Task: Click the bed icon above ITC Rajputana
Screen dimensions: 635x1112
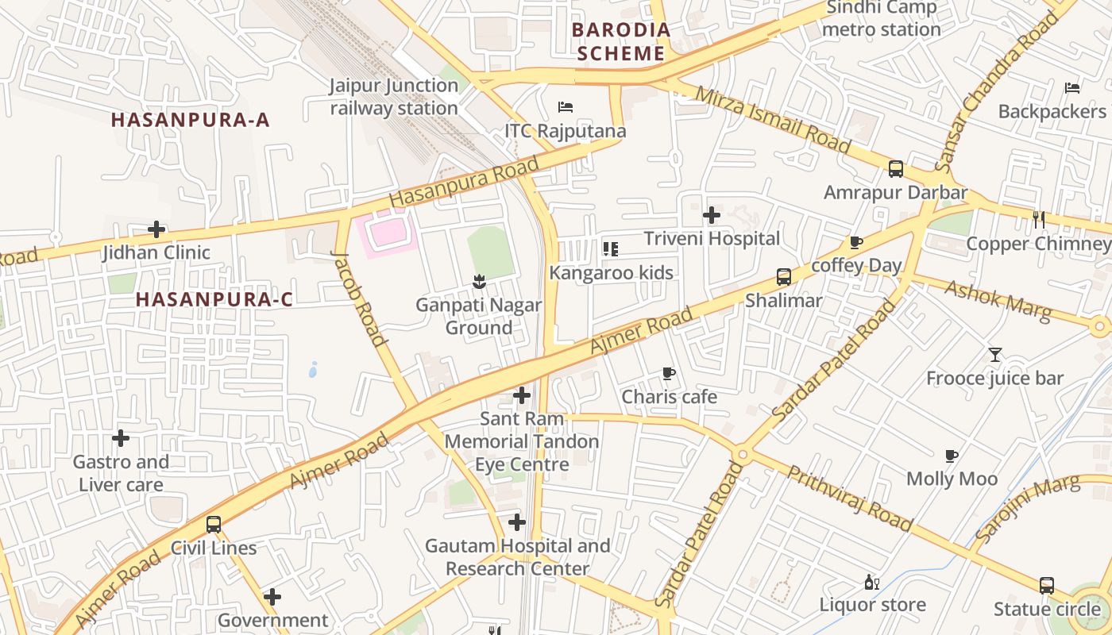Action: (566, 107)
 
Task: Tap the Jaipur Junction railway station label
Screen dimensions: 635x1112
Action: (394, 97)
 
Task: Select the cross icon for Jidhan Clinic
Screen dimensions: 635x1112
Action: (156, 230)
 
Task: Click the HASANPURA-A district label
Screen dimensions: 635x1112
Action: (191, 120)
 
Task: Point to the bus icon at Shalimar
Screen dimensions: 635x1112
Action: (784, 277)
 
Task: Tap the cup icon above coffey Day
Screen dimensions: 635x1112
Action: (855, 242)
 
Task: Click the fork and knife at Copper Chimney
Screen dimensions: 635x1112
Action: (1039, 219)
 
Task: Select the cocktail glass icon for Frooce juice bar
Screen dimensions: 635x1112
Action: (995, 354)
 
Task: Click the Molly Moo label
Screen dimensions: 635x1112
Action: (952, 479)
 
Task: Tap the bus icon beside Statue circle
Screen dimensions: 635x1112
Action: (1047, 586)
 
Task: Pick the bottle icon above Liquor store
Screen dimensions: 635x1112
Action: (872, 582)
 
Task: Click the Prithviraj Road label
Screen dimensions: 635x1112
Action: (849, 498)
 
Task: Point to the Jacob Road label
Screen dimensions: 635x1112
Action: (358, 298)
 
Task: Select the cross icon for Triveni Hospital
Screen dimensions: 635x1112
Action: (712, 214)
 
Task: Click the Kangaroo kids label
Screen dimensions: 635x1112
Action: (612, 273)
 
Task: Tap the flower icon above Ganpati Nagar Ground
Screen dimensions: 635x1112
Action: (479, 281)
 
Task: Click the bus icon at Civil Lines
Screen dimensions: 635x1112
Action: (214, 524)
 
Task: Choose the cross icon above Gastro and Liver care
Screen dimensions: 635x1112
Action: (121, 438)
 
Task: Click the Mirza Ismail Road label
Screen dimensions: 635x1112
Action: (772, 120)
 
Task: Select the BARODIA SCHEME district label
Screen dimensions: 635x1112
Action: (621, 42)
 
